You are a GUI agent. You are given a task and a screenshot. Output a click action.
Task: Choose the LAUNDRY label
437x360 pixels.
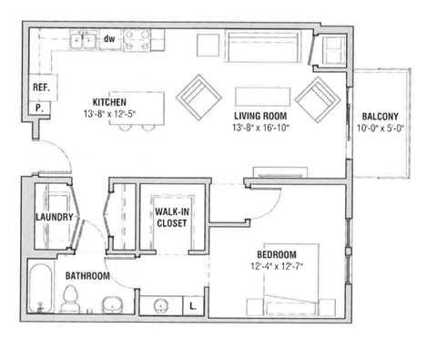click(54, 218)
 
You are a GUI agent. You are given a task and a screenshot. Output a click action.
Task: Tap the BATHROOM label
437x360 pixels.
click(87, 275)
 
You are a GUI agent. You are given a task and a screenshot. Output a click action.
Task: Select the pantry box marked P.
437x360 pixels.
click(40, 108)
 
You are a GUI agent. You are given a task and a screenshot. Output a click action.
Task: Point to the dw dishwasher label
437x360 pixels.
click(108, 38)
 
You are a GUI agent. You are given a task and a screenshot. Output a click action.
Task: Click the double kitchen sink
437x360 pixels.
click(85, 40)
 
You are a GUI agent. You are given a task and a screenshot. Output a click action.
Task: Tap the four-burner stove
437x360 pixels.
click(138, 39)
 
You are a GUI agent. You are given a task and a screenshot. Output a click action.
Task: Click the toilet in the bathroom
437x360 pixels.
click(69, 297)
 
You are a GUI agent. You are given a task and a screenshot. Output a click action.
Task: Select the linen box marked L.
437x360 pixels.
click(193, 305)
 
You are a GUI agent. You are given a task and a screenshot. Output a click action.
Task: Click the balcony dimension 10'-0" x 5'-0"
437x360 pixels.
click(382, 129)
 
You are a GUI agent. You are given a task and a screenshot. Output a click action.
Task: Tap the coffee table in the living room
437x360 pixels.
click(262, 96)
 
